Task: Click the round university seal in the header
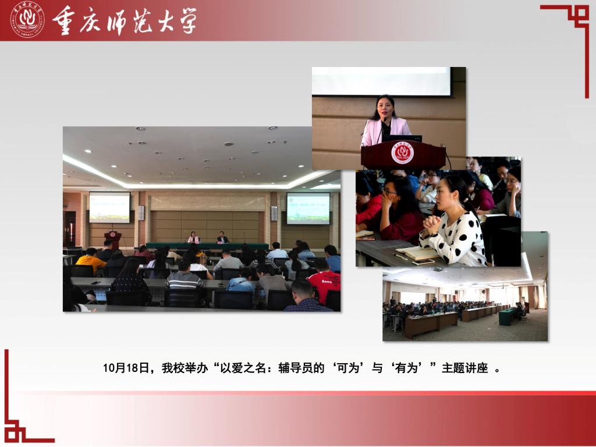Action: (27, 19)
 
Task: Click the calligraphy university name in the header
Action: (125, 20)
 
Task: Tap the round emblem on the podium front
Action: (403, 153)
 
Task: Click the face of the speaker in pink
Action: (385, 107)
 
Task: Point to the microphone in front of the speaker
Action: (382, 129)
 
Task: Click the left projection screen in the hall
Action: (109, 207)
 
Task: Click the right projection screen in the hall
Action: (308, 208)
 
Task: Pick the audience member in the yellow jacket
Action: (90, 261)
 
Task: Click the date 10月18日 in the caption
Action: (126, 368)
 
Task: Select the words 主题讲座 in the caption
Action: (464, 368)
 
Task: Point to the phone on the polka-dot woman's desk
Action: (423, 262)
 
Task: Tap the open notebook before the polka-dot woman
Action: (416, 253)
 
